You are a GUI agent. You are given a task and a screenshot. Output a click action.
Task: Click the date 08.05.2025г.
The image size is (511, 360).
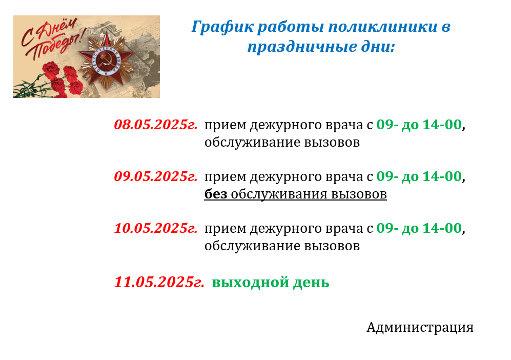156,125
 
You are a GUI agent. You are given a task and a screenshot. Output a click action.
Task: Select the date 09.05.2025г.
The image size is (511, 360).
156,176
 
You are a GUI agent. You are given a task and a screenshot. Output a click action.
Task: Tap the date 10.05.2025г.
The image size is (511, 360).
156,228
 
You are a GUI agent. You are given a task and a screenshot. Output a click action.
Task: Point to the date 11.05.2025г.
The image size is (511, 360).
159,282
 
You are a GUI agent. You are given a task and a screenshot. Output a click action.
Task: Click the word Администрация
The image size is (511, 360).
420,327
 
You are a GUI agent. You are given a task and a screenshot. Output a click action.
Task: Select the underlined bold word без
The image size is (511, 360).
216,194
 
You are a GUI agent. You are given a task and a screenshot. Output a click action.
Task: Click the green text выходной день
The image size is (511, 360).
271,283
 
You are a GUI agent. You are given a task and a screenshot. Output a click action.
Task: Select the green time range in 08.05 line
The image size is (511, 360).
419,125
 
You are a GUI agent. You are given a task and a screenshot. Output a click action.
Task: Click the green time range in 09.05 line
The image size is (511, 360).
419,176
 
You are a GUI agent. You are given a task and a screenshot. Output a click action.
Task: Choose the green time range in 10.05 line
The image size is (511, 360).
419,228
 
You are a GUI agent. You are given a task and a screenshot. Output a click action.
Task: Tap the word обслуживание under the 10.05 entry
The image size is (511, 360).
252,246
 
